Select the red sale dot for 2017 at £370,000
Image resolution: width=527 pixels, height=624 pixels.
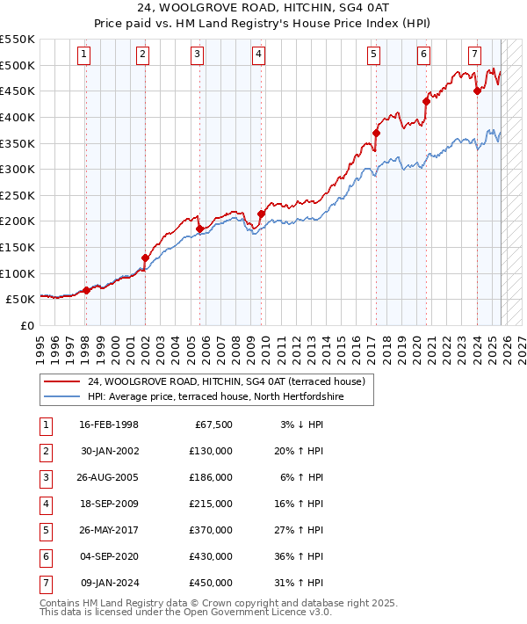[x=376, y=133]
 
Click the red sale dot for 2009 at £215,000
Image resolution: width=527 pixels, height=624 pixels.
[x=261, y=214]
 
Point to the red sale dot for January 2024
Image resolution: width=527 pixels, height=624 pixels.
[x=477, y=91]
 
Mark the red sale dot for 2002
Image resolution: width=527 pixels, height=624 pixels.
[x=146, y=258]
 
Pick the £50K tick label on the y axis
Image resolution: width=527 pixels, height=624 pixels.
[x=20, y=299]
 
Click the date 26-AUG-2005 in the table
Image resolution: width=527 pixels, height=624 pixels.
[x=109, y=477]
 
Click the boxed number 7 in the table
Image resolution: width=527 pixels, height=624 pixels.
[x=44, y=583]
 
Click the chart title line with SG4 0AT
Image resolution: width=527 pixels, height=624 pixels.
[x=263, y=10]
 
